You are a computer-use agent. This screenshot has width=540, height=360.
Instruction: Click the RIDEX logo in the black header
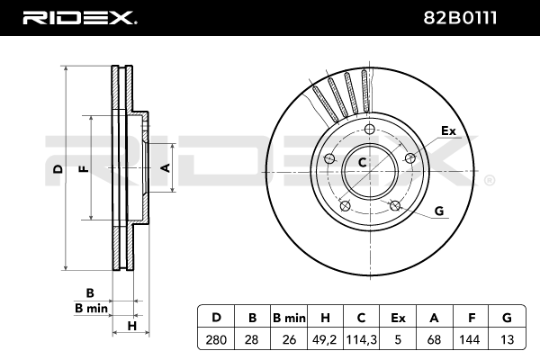(x=79, y=18)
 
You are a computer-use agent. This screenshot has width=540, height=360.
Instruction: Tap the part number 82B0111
(x=460, y=18)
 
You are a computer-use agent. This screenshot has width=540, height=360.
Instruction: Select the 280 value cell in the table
(x=216, y=339)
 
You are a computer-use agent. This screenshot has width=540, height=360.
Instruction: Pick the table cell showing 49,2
(x=325, y=339)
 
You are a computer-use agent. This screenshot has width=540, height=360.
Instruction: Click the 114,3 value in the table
(x=361, y=339)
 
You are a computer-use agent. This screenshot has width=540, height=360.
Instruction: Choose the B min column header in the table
(x=289, y=318)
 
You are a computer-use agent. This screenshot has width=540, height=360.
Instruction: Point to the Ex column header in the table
(x=398, y=318)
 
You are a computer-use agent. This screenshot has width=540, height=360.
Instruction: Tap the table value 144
(x=470, y=339)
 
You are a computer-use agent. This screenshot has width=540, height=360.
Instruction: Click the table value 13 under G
(x=507, y=339)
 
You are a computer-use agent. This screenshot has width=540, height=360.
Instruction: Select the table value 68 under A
(x=434, y=339)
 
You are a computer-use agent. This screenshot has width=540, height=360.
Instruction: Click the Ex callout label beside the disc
(x=448, y=130)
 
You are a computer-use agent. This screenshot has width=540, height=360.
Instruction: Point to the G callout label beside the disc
(x=439, y=211)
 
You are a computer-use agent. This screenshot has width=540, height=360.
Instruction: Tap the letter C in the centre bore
(x=362, y=162)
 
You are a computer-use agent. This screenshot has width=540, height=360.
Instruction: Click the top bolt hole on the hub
(x=370, y=130)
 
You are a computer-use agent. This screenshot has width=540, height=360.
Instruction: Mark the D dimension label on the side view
(x=58, y=169)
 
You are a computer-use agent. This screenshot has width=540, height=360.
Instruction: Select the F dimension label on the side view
(x=85, y=169)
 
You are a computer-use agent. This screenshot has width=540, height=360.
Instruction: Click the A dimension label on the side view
(x=166, y=167)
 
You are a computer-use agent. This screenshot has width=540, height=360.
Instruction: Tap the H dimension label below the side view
(x=132, y=326)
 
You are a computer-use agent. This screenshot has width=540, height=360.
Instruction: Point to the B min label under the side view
(x=91, y=308)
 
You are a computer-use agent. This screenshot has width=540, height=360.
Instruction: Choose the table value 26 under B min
(x=289, y=339)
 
